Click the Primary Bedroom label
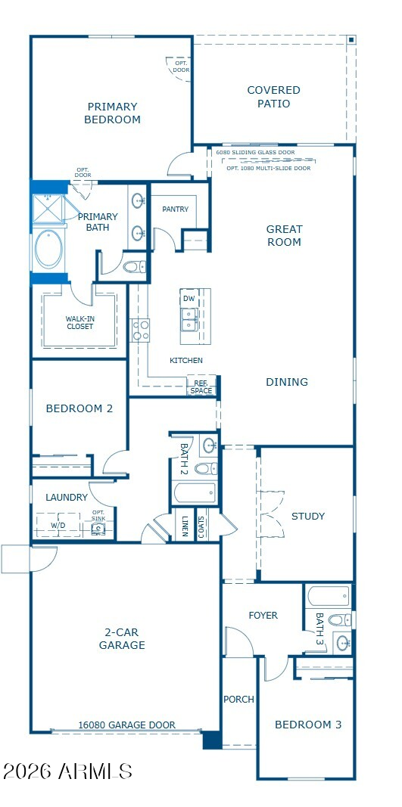pos(112,113)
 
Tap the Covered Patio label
pos(273,97)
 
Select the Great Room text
pos(284,236)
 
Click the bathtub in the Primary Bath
pos(48,250)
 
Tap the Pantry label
pos(175,210)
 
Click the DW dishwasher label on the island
pos(189,299)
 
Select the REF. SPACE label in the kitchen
pos(201,387)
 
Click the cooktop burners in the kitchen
pos(139,331)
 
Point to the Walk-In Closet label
pos(80,323)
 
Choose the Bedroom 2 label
pos(79,408)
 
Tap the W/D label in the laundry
pos(58,526)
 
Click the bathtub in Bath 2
pos(195,492)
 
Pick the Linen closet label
pos(184,526)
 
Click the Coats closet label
pos(201,526)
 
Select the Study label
pos(308,517)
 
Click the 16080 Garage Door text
pos(126,725)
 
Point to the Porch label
pos(238,700)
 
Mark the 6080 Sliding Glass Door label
pos(256,152)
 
